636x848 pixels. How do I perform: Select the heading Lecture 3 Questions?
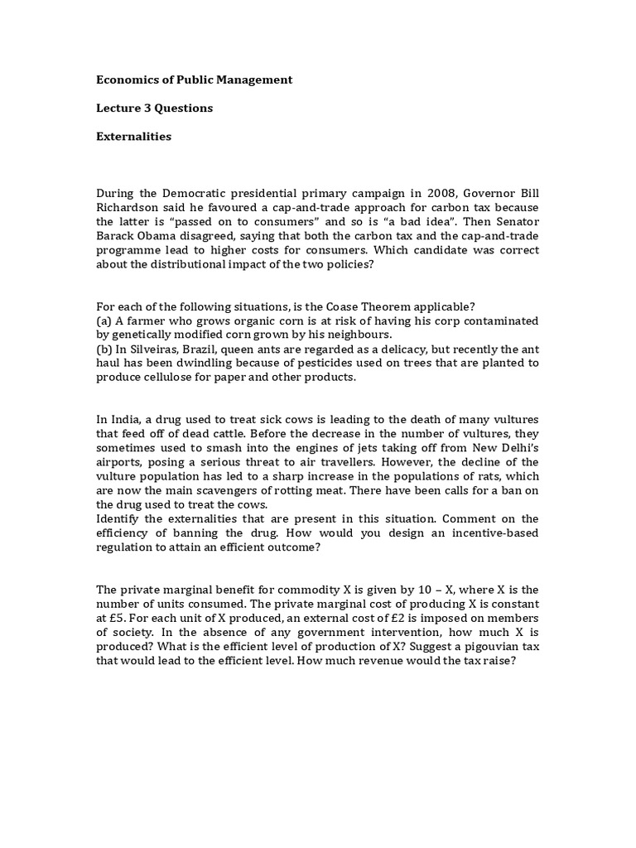(155, 108)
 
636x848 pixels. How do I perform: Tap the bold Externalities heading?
(134, 136)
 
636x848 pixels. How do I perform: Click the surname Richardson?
(128, 208)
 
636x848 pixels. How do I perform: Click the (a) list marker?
(105, 320)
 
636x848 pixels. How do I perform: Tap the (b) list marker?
(105, 349)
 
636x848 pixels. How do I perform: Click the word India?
(125, 418)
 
